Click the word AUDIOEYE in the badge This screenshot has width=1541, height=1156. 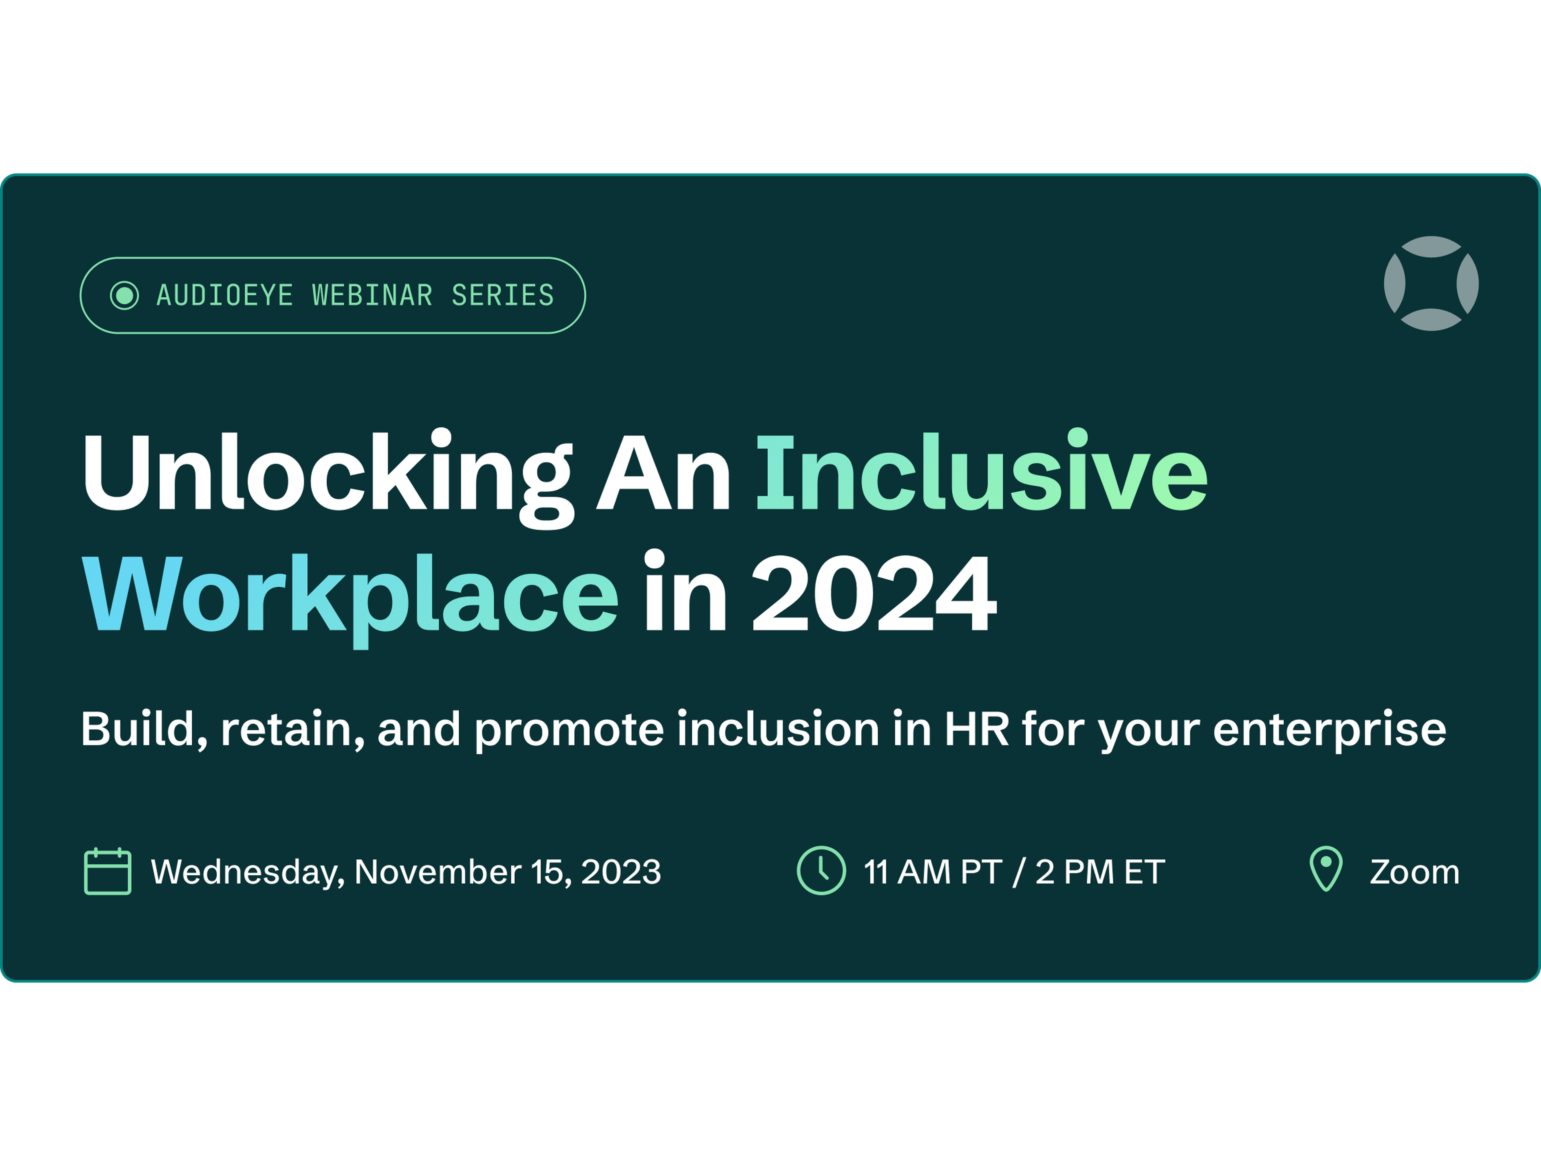point(224,295)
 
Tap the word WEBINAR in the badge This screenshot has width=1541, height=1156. point(372,295)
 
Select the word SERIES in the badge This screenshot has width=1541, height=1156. point(503,295)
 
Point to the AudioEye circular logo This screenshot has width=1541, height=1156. point(1431,284)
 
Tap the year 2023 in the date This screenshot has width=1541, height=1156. point(621,872)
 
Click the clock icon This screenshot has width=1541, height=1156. point(821,870)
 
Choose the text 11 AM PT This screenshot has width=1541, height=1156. point(933,872)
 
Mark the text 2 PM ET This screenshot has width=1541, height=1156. point(1100,872)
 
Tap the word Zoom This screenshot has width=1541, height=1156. point(1414,872)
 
